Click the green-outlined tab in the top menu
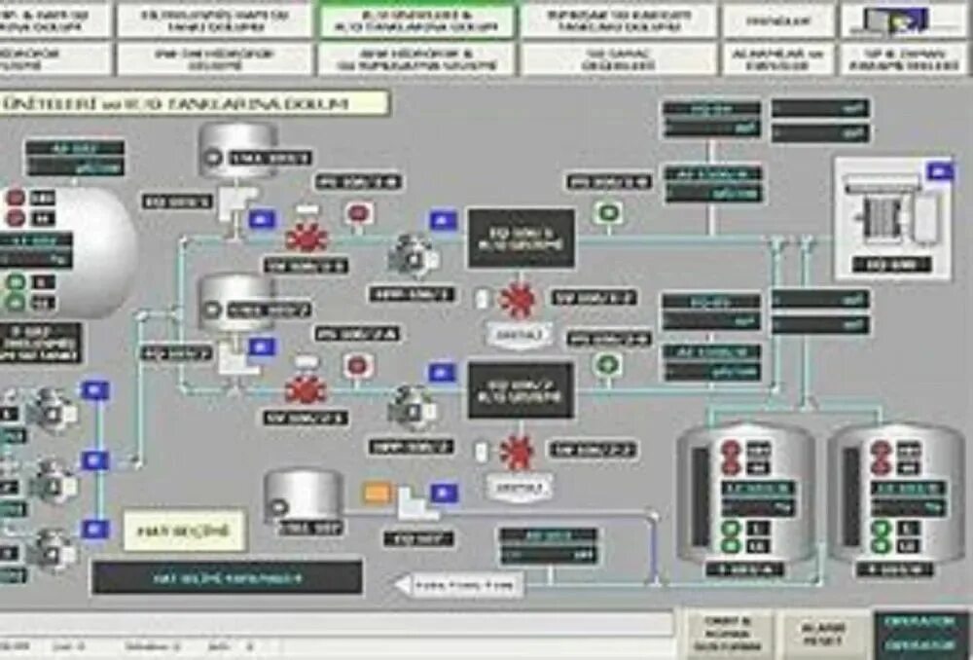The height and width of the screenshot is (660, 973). (417, 20)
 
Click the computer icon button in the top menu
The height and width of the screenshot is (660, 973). (904, 20)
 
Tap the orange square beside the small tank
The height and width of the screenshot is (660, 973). (377, 494)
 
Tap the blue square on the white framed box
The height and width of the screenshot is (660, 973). (940, 172)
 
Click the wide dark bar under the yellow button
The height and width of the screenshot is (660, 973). (227, 577)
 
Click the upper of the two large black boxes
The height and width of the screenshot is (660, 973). (521, 238)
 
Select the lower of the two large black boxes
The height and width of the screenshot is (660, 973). (521, 389)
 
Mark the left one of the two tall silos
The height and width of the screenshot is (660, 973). (746, 492)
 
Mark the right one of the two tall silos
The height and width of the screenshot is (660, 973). (896, 492)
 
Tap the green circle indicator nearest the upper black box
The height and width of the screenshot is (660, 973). (609, 212)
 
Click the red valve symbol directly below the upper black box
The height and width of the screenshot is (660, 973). (516, 298)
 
